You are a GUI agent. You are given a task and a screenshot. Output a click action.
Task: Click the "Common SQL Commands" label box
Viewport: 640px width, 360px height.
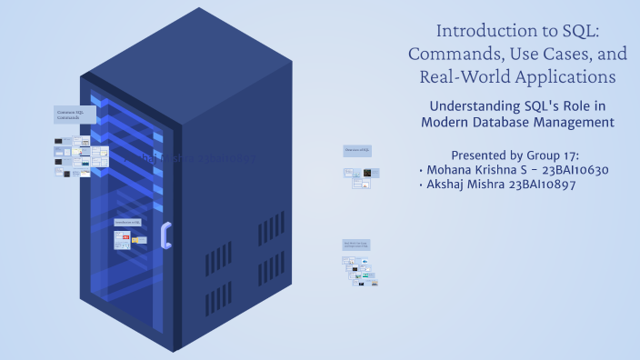[x=75, y=115]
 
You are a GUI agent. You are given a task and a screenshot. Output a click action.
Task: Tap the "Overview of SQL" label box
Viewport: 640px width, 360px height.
[x=356, y=150]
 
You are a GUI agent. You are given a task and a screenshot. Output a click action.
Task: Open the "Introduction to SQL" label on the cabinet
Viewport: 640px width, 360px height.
[x=127, y=222]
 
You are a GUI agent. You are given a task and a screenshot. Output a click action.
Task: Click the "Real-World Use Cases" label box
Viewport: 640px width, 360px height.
[x=355, y=245]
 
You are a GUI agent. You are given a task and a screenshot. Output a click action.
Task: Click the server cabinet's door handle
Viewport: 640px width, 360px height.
[x=165, y=235]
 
